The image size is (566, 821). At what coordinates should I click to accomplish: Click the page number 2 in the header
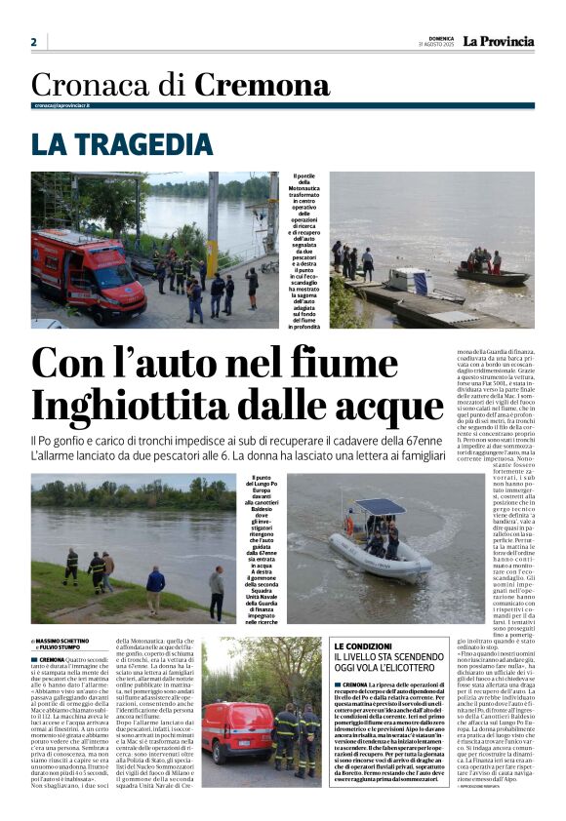33,42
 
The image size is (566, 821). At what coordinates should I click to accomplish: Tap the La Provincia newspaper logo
498,41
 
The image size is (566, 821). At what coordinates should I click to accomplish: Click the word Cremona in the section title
262,86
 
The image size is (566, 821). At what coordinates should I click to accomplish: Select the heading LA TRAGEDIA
122,144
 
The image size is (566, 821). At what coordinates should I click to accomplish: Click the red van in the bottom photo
237,728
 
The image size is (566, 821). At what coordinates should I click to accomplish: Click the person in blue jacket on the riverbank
156,589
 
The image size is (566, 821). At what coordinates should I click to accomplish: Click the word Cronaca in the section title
95,86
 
